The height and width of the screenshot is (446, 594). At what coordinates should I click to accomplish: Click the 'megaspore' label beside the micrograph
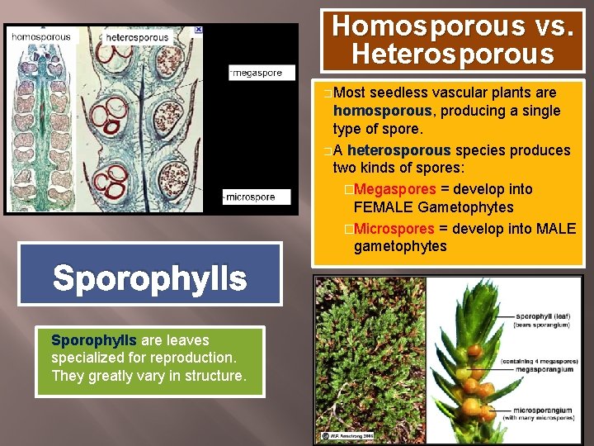257,73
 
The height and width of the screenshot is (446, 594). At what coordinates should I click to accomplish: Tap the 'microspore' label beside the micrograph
257,197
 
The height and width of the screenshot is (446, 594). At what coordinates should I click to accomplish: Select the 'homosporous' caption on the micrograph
42,36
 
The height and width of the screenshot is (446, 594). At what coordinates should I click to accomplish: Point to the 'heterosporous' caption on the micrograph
137,37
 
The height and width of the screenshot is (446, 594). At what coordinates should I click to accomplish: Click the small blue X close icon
198,30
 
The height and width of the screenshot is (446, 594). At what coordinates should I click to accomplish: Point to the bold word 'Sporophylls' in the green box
94,339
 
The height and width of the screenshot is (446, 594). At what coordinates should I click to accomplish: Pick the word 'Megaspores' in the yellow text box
394,189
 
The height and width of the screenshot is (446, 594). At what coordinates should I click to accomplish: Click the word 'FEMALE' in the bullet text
384,207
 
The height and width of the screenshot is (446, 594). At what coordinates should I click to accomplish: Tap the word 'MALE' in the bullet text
555,228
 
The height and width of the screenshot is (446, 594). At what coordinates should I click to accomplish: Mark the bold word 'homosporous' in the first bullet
382,111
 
